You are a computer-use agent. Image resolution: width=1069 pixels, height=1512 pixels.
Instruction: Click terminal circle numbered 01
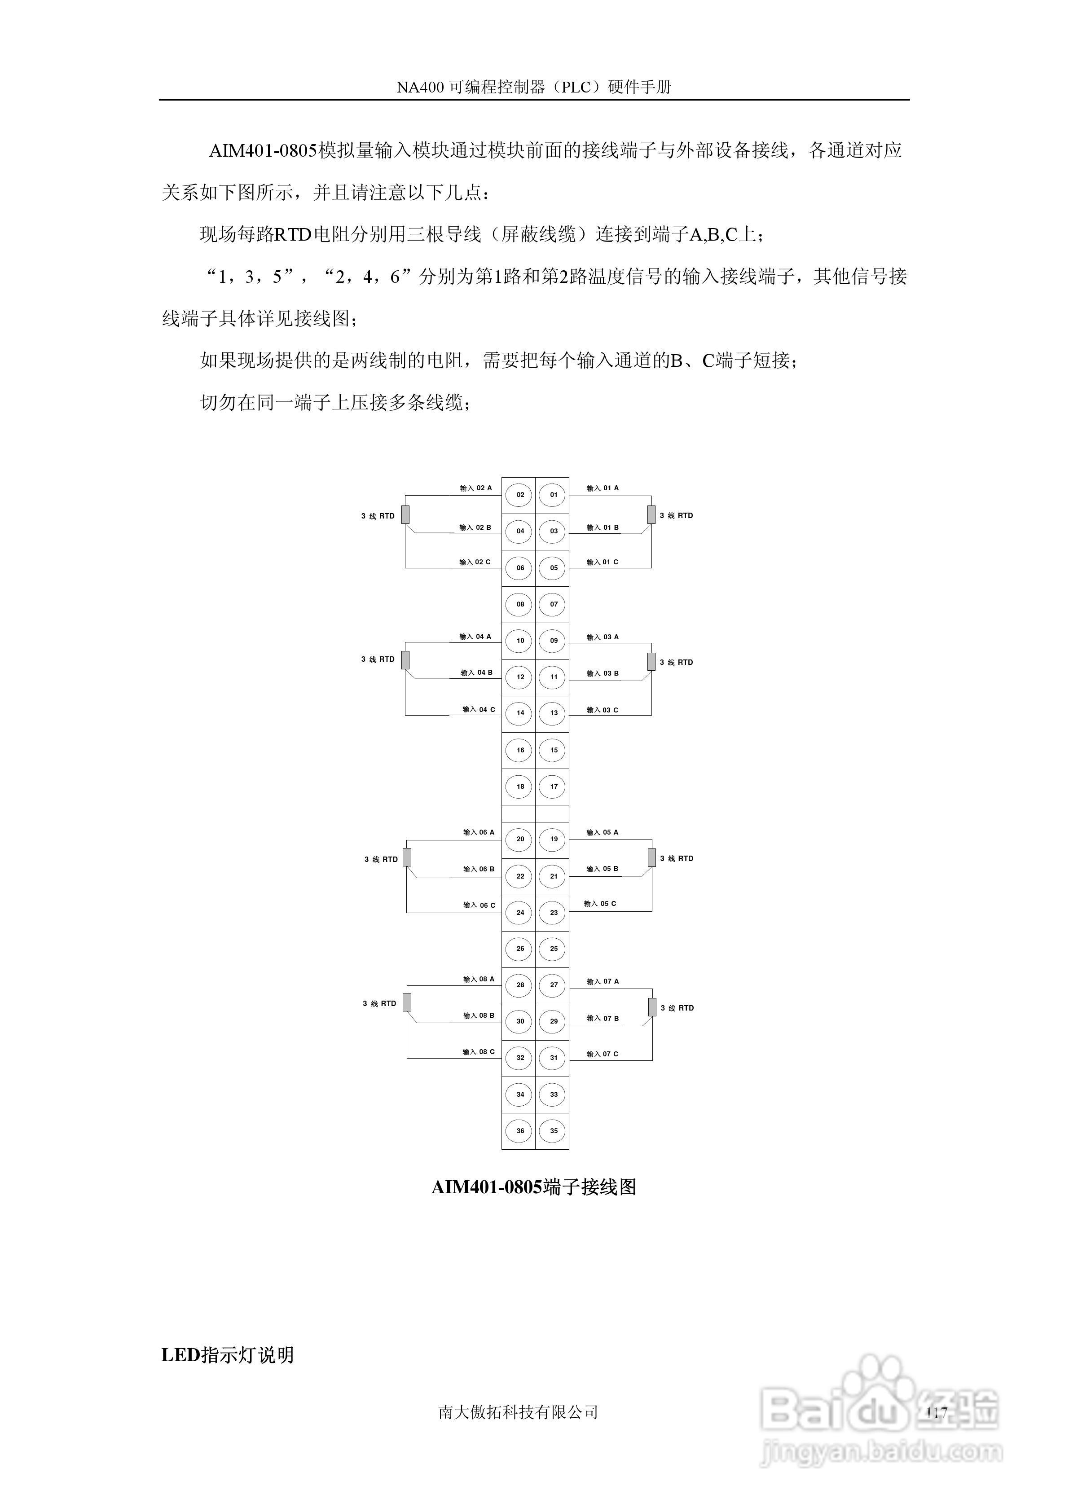click(x=553, y=495)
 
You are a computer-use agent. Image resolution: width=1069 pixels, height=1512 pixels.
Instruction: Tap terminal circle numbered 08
click(x=519, y=604)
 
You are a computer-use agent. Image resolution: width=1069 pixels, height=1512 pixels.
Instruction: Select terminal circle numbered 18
click(x=519, y=786)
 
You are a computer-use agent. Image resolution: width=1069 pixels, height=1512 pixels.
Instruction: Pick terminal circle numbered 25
click(x=553, y=948)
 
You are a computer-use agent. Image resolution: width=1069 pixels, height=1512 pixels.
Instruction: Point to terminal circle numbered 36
click(x=519, y=1131)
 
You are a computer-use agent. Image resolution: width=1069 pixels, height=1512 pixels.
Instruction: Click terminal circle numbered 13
click(x=553, y=713)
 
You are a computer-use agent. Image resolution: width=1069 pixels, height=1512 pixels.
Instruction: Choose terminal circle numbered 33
click(x=553, y=1094)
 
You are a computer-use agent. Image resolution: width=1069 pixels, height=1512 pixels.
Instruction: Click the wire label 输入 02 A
click(x=475, y=488)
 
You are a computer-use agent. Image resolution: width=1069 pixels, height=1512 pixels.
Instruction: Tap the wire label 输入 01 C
click(x=603, y=562)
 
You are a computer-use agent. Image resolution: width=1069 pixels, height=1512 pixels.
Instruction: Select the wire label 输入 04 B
click(x=476, y=672)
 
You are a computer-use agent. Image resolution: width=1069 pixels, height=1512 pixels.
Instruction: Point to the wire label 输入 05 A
click(x=603, y=832)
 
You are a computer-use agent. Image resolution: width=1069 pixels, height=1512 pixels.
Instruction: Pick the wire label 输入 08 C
click(x=478, y=1052)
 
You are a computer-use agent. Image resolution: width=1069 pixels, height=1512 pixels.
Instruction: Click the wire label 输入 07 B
click(x=603, y=1018)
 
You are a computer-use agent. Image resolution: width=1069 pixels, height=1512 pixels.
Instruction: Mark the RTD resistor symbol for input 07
click(x=652, y=1007)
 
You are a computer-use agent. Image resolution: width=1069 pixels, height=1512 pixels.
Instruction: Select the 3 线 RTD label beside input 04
click(x=378, y=659)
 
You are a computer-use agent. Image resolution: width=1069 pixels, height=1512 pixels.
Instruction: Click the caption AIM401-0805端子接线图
click(x=533, y=1187)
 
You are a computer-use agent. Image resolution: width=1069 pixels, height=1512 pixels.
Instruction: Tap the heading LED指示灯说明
click(x=227, y=1355)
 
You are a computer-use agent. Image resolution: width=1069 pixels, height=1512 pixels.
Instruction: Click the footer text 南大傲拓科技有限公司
click(x=518, y=1412)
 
